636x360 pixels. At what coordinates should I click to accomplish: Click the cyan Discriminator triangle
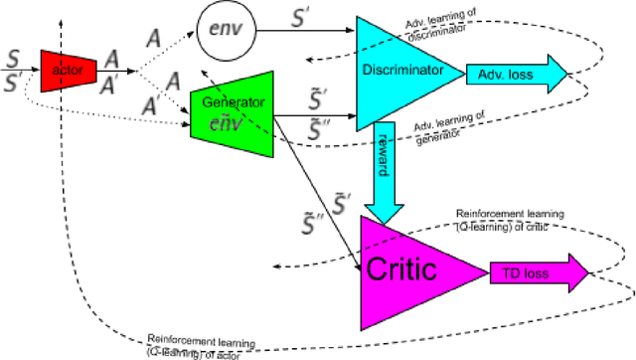pyautogui.click(x=402, y=70)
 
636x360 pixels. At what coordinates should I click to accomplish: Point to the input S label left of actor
pyautogui.click(x=14, y=58)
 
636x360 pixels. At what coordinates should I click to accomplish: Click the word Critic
pyautogui.click(x=402, y=269)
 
